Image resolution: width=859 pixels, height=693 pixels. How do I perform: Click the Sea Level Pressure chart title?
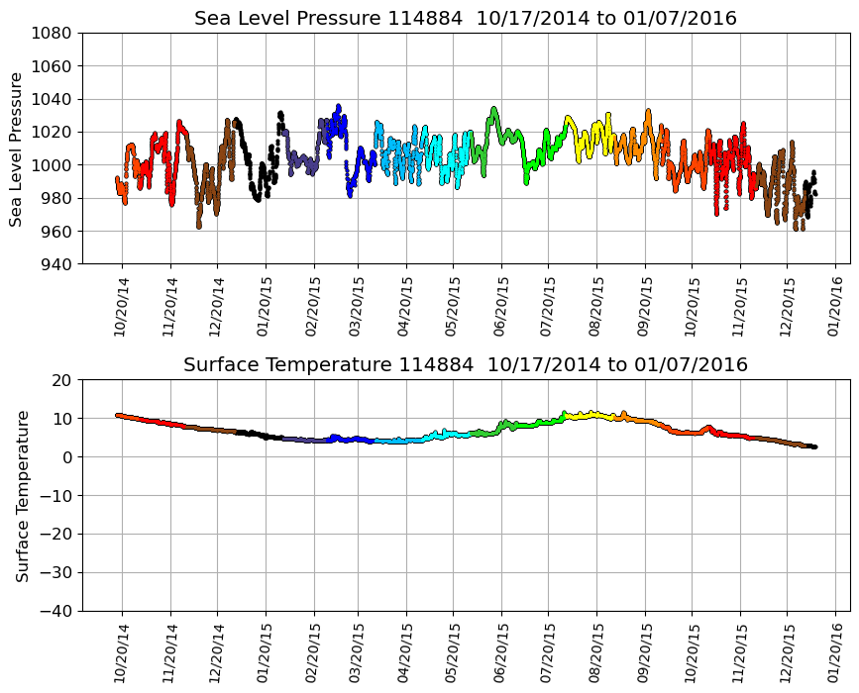coord(466,19)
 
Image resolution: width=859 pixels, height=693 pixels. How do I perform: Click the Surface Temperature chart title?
coord(466,365)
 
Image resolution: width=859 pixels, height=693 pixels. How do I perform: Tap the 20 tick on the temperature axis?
coord(62,380)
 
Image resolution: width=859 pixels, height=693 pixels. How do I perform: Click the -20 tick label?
coord(55,534)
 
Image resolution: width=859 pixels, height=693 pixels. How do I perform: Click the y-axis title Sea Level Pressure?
coord(17,148)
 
